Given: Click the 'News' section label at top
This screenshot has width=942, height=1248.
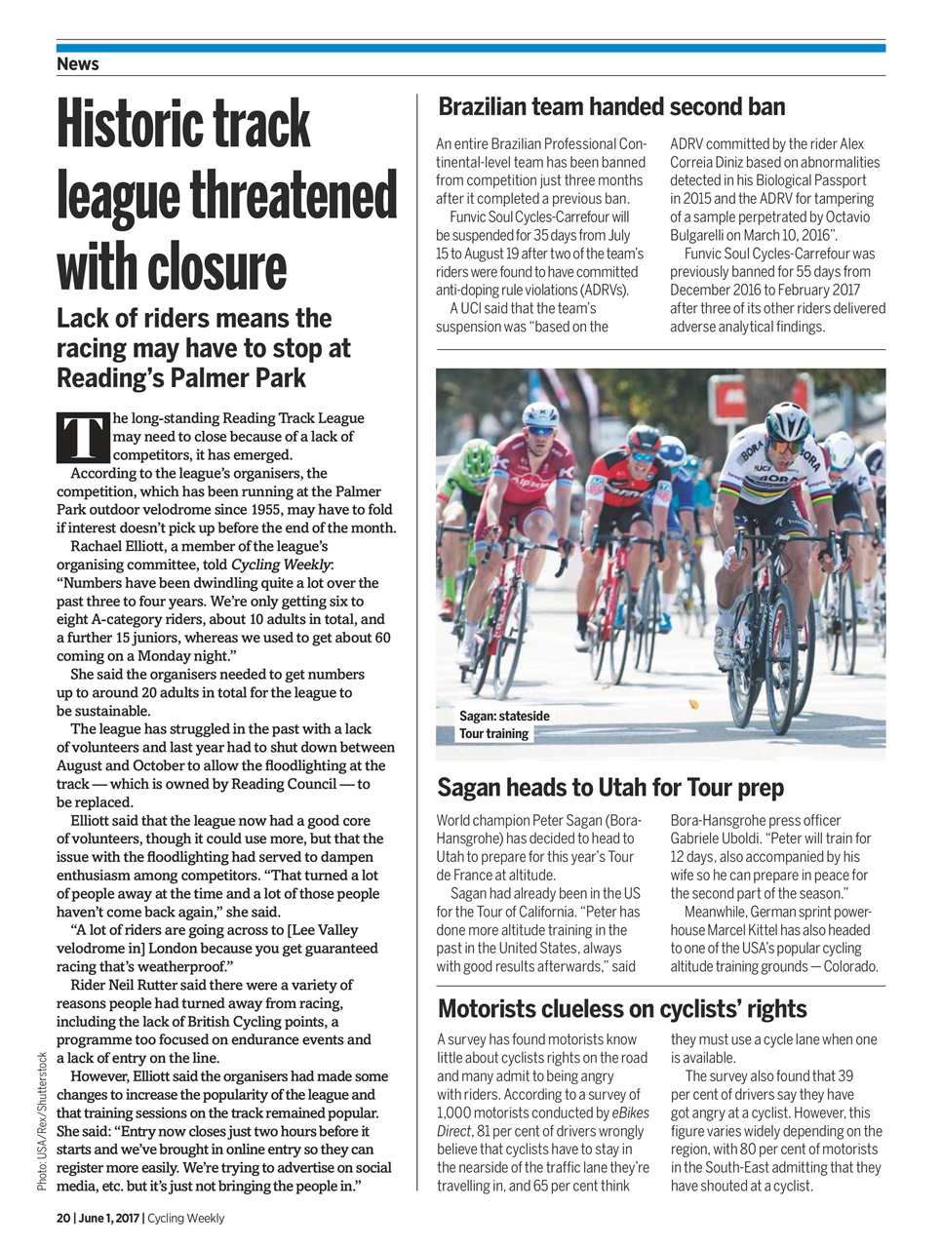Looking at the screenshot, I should coord(78,64).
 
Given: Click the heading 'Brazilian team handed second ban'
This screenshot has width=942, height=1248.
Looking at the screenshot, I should coord(611,106).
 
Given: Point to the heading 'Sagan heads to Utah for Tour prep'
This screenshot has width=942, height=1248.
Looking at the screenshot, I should coord(609,787).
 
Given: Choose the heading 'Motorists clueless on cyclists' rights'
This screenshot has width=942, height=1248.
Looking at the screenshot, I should coord(621,1008).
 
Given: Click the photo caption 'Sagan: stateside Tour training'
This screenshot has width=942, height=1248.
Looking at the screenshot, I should coord(504,724).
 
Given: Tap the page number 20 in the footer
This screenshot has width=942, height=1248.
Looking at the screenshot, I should coord(63,1218).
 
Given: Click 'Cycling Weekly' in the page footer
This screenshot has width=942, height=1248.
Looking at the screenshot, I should coord(185,1218).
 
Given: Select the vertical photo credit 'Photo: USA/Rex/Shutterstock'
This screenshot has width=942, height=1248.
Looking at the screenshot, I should coord(42,1121).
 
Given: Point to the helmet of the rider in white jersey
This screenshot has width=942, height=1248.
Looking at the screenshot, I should coord(787,421).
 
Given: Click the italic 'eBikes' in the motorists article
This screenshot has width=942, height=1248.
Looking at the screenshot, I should coord(629,1112).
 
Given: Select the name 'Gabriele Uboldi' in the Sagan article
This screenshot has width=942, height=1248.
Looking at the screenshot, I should coord(722,838).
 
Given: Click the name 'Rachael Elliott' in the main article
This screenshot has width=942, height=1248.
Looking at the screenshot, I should coord(117,546).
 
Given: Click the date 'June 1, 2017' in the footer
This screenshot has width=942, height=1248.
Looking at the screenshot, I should coord(110,1218).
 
